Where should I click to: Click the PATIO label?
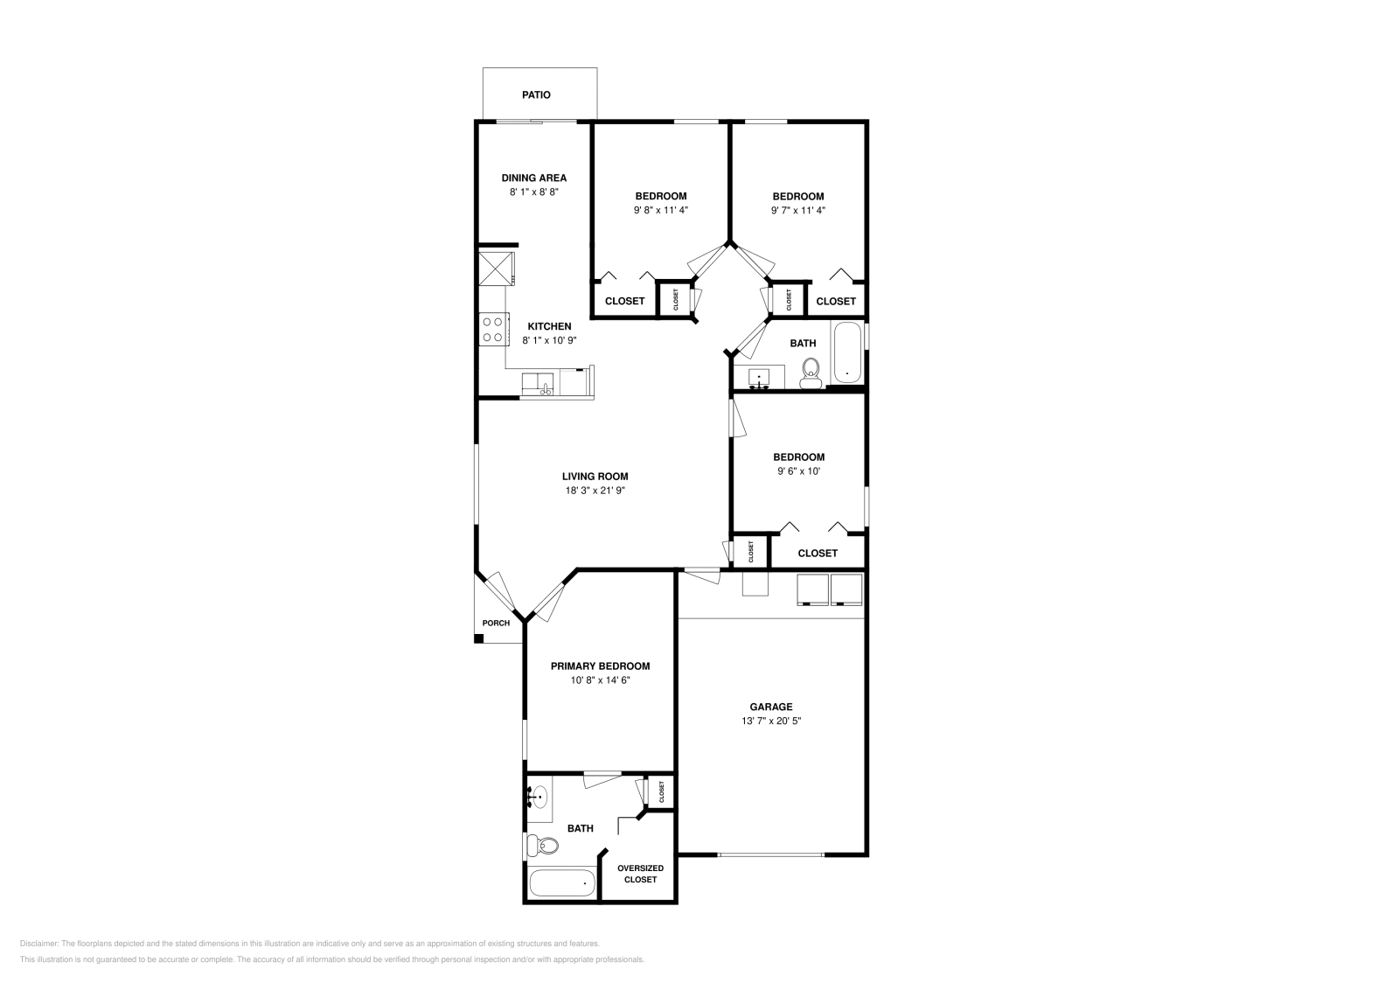tap(536, 94)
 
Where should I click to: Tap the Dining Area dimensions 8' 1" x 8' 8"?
tap(533, 192)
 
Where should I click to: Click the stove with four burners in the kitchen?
tap(493, 329)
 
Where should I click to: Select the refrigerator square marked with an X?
tap(496, 268)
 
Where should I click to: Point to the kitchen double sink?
tap(538, 384)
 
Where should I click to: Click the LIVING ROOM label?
tap(595, 477)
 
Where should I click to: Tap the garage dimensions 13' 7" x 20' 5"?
tap(770, 722)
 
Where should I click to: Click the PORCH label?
tap(496, 624)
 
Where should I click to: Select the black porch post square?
tap(478, 638)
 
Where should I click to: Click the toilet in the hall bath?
tap(811, 374)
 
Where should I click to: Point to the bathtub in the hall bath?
tap(846, 352)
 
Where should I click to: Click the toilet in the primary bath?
tap(543, 846)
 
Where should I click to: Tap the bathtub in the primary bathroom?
tap(561, 883)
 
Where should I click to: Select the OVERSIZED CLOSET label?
tap(640, 874)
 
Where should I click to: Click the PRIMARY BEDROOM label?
tap(600, 666)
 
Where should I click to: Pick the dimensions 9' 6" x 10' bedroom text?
tap(798, 471)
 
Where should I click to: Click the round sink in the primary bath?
tap(539, 797)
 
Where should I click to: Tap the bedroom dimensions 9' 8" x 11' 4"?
tap(660, 211)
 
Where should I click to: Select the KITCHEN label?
tap(549, 326)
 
